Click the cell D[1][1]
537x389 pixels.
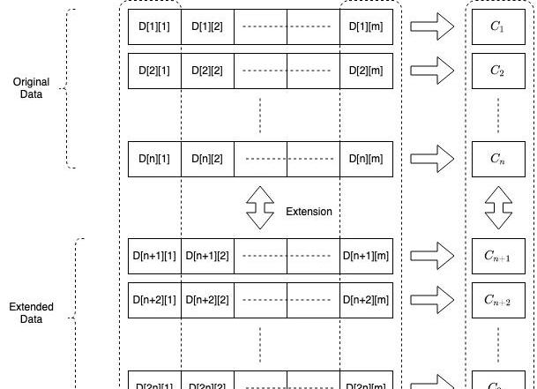pos(154,27)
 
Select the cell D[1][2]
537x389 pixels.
pos(207,27)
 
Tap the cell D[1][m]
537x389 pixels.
pos(366,27)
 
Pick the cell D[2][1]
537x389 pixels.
pos(154,71)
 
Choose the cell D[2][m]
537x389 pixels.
pos(366,71)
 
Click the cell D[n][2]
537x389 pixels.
pos(207,159)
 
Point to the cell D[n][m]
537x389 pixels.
pos(366,159)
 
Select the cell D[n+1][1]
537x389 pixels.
pos(154,256)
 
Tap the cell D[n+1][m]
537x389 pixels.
pos(366,256)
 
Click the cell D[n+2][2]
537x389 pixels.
pos(207,300)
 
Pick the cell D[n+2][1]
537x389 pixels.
pos(154,300)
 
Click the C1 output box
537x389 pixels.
pos(498,27)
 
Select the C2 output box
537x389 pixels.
pos(498,71)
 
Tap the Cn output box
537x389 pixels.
pos(498,159)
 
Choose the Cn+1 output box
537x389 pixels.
pos(498,256)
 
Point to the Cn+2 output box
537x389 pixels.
pos(498,300)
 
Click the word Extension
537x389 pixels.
pos(309,212)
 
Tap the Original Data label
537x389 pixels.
pos(31,88)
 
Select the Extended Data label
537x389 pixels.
pos(31,313)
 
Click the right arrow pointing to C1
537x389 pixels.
pos(432,27)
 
